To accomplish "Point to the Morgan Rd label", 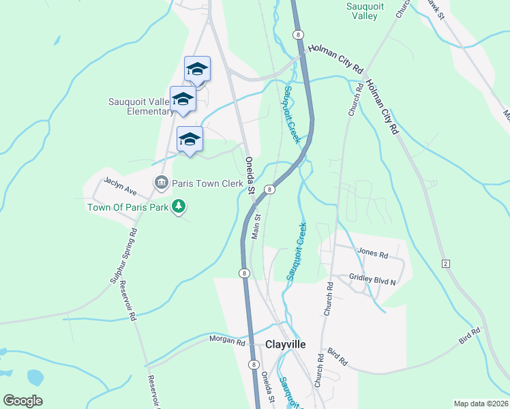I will pos(227,340).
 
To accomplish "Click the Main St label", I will pos(257,226).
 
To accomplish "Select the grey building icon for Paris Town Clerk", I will pos(162,182).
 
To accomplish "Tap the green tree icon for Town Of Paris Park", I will pos(179,205).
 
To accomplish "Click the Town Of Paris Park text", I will pos(127,207).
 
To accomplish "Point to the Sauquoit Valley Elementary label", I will pos(141,107).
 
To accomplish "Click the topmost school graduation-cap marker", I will pos(197,69).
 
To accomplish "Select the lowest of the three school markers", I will pos(189,140).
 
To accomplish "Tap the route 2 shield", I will pos(445,263).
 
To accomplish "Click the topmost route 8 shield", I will pos(297,34).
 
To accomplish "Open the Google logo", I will pos(22,401).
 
